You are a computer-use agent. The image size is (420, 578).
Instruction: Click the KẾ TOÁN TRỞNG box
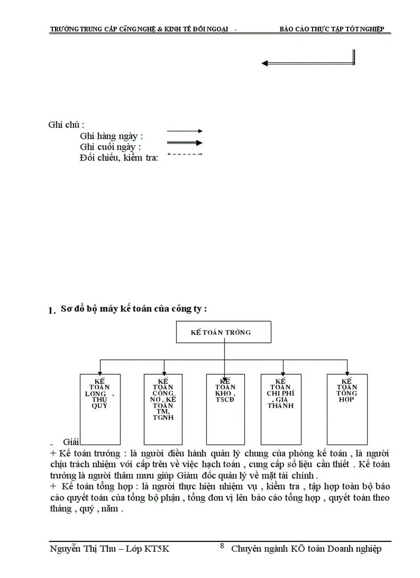pyautogui.click(x=224, y=332)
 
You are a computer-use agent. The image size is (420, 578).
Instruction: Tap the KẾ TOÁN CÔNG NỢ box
pyautogui.click(x=164, y=409)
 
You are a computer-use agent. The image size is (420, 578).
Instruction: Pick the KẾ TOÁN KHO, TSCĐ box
pyautogui.click(x=225, y=409)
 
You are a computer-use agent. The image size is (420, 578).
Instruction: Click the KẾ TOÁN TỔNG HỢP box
pyautogui.click(x=347, y=409)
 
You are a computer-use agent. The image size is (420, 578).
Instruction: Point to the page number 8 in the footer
pyautogui.click(x=222, y=546)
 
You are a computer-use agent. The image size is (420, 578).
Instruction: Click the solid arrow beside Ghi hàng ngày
pyautogui.click(x=185, y=131)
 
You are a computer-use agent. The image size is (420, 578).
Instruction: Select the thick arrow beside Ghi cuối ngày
pyautogui.click(x=185, y=143)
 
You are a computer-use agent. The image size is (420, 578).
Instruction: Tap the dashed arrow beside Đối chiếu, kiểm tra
pyautogui.click(x=185, y=154)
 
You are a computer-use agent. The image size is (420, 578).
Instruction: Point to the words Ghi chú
pyautogui.click(x=66, y=125)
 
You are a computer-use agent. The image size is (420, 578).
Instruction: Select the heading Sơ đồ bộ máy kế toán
pyautogui.click(x=134, y=309)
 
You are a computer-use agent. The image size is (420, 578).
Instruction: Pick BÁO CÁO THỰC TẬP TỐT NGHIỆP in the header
pyautogui.click(x=331, y=29)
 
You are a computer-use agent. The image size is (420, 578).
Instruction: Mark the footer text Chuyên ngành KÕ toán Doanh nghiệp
pyautogui.click(x=306, y=549)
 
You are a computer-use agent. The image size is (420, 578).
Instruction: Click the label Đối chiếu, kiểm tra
pyautogui.click(x=119, y=157)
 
